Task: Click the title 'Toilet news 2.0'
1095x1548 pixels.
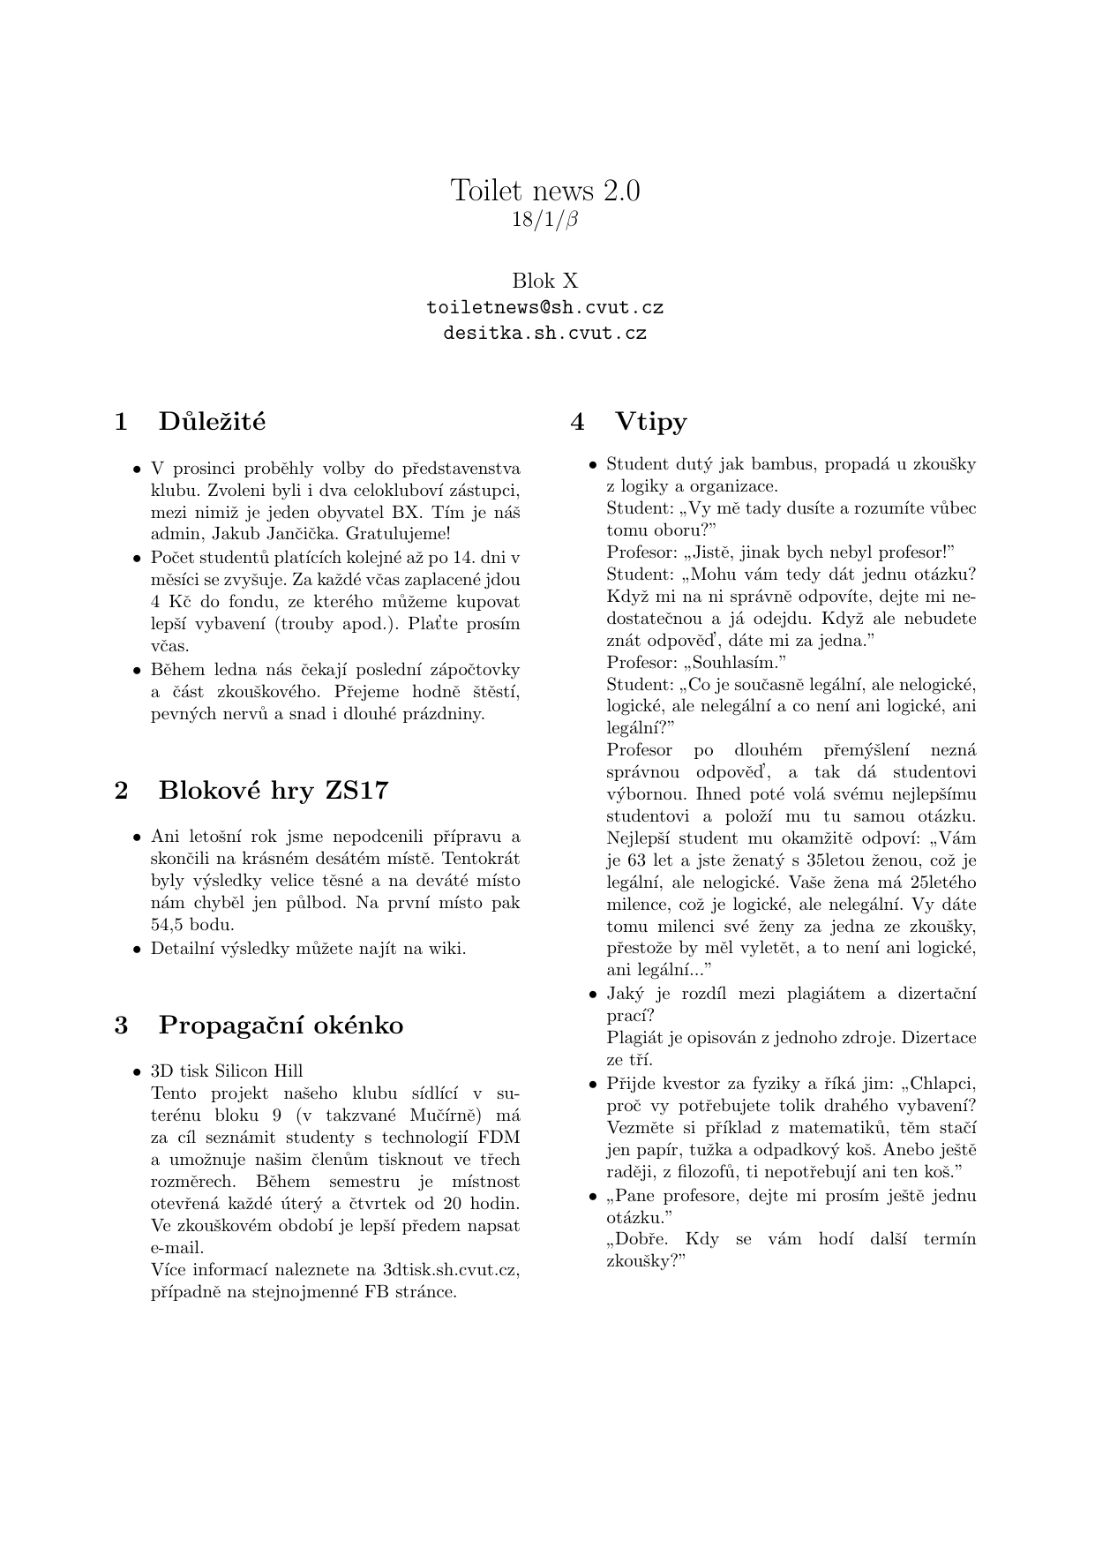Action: [545, 190]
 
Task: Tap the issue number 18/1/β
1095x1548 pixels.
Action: [545, 219]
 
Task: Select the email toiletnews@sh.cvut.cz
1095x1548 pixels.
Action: [545, 308]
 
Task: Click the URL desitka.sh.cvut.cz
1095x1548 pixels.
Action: [545, 334]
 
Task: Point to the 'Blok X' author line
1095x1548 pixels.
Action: [545, 281]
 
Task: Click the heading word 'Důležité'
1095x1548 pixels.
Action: [212, 421]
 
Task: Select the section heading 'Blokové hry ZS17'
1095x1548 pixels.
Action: [273, 790]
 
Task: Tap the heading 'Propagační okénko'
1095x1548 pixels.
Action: [281, 1026]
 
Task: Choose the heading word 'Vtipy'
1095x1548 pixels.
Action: [651, 421]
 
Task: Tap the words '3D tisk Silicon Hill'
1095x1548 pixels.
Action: [227, 1071]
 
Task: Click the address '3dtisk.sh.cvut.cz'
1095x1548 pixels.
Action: [450, 1270]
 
